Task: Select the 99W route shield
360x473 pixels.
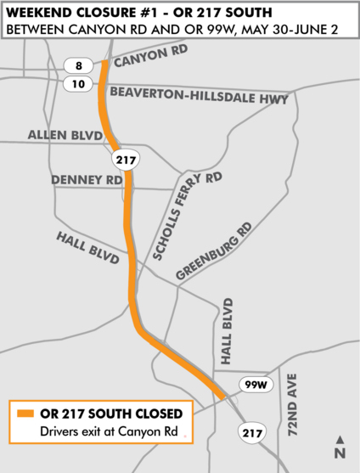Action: (254, 385)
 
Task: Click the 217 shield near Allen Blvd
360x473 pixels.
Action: (125, 159)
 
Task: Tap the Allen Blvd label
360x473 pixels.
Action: (65, 135)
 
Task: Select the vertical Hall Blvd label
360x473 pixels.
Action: (226, 332)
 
